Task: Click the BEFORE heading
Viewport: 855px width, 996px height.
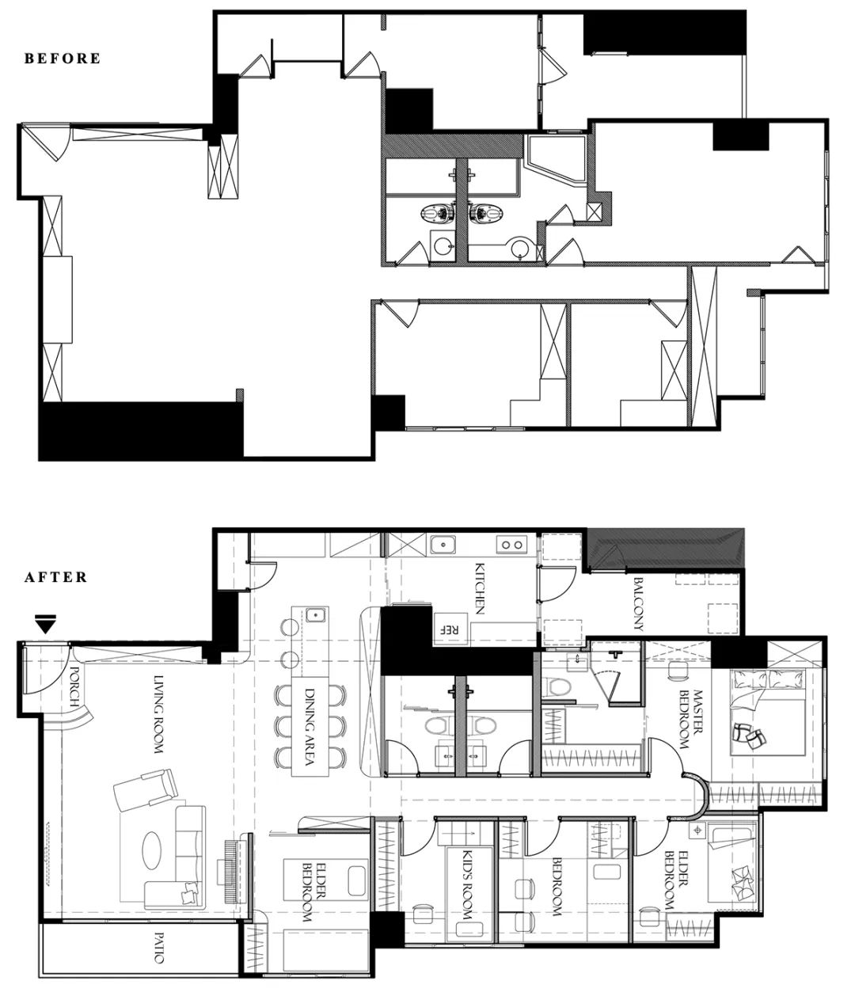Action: click(63, 59)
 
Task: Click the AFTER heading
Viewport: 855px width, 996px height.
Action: click(56, 577)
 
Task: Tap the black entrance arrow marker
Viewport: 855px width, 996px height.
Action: click(46, 624)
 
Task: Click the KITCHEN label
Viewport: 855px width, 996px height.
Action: click(480, 588)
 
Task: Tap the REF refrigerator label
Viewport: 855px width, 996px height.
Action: click(450, 629)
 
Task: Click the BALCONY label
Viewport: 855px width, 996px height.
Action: click(639, 604)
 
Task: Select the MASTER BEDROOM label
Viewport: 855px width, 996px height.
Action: click(690, 720)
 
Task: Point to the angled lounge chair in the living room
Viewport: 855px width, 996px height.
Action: click(146, 793)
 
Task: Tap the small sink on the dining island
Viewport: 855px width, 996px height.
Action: click(316, 614)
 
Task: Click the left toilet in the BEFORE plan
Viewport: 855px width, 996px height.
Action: click(437, 212)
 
